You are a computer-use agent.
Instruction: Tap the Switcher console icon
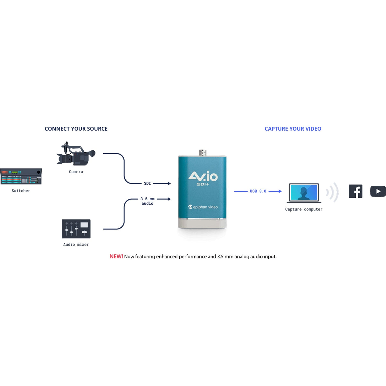[x=21, y=176]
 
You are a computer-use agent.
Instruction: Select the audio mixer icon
[x=76, y=229]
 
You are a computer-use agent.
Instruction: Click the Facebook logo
[x=355, y=191]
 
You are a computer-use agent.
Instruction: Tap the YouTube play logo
[x=378, y=191]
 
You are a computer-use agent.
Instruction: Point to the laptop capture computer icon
[x=304, y=193]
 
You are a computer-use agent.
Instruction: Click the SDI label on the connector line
[x=147, y=183]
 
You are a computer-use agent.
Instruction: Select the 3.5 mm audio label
[x=147, y=201]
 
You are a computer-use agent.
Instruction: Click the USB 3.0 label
[x=258, y=191]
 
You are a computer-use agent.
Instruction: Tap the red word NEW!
[x=116, y=257]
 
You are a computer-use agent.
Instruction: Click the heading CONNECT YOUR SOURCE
[x=76, y=129]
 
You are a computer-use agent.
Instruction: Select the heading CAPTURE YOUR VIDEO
[x=293, y=129]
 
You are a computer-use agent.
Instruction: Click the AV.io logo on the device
[x=203, y=176]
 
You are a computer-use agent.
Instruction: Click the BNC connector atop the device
[x=203, y=153]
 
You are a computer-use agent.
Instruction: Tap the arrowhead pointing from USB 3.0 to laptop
[x=280, y=191]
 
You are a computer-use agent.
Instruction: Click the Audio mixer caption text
[x=76, y=245]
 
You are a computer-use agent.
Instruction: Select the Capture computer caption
[x=304, y=209]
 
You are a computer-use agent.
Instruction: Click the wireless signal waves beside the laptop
[x=333, y=192]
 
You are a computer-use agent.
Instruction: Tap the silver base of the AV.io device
[x=202, y=224]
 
